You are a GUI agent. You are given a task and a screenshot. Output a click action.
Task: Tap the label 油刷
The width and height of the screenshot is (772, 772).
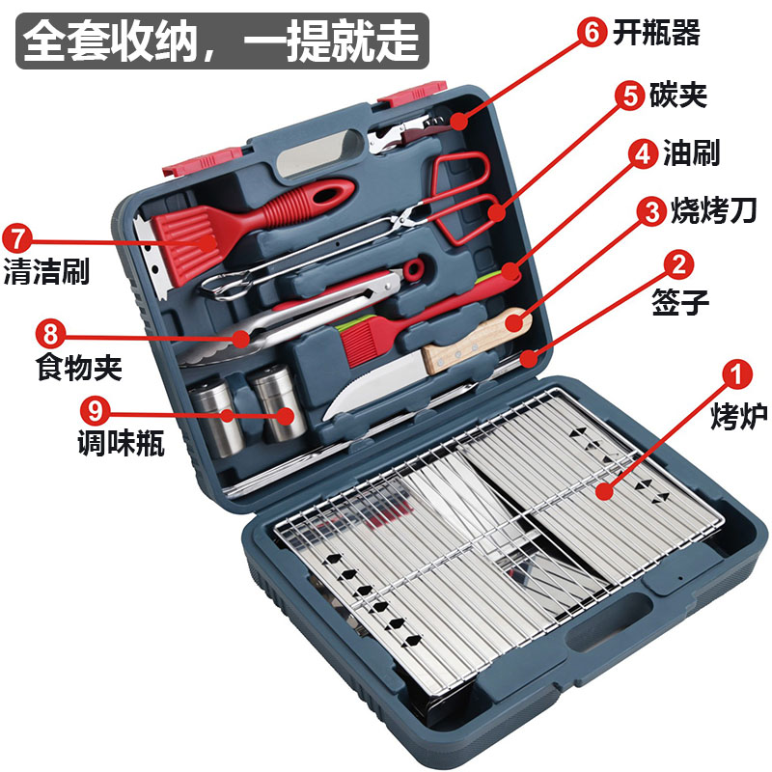point(691,152)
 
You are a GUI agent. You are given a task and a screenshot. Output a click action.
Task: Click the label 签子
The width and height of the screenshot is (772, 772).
point(682,303)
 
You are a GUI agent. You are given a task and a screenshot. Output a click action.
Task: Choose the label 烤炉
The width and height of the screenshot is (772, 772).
point(738,418)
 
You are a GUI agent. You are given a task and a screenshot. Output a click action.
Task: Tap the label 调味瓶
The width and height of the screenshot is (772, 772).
point(121,444)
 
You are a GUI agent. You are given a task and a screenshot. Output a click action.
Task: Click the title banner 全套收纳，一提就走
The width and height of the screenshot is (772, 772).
point(221,40)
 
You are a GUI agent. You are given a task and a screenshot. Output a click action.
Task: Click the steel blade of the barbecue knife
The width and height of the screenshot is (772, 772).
point(372,382)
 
